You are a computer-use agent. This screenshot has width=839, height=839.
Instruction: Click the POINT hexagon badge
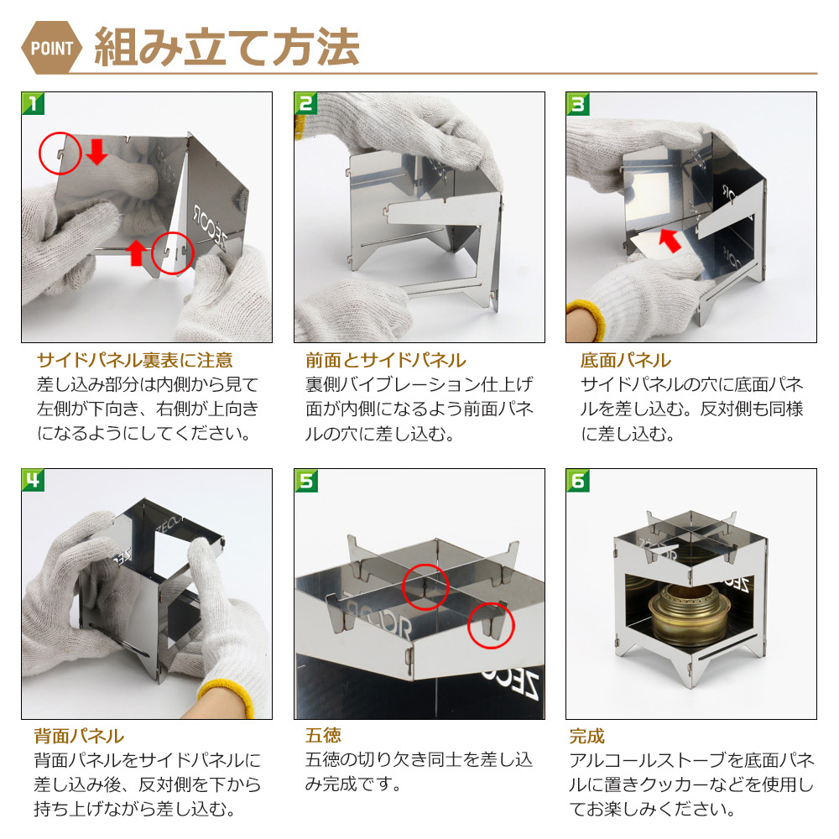[x=51, y=48]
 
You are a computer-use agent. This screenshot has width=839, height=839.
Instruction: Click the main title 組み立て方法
[x=227, y=48]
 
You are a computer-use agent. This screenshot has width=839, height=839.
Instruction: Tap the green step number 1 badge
[x=33, y=103]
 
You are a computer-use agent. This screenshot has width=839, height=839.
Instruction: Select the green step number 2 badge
[x=305, y=103]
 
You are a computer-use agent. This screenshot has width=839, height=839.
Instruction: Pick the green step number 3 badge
[x=577, y=103]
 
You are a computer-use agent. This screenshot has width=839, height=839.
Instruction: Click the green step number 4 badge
[x=33, y=480]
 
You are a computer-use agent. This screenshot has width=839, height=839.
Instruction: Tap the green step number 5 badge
[x=305, y=480]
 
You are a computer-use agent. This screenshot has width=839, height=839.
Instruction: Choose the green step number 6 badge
[x=577, y=480]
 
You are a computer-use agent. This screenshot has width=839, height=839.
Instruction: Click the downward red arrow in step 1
[x=96, y=151]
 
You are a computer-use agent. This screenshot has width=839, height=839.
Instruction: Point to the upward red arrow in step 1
[x=137, y=253]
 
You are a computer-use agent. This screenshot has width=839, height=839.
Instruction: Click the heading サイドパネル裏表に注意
[x=135, y=360]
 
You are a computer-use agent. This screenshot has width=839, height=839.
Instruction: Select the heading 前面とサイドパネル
[x=386, y=360]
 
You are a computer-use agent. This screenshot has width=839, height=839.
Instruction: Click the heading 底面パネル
[x=626, y=360]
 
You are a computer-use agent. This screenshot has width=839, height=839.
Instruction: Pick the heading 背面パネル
[x=79, y=737]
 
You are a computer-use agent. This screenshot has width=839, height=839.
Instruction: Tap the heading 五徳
[x=323, y=737]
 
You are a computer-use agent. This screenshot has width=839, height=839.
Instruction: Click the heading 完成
[x=587, y=737]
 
